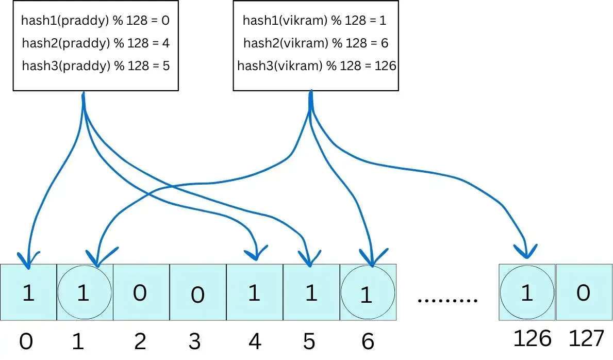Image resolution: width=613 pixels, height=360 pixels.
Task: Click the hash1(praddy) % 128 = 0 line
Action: coord(95,20)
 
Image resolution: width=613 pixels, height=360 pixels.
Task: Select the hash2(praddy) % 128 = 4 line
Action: coord(96,43)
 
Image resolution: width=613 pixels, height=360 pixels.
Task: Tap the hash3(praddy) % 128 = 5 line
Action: coord(96,66)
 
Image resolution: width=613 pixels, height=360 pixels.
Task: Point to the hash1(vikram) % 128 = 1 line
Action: coord(314,20)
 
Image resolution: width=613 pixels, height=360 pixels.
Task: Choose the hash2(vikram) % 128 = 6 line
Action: coord(316,43)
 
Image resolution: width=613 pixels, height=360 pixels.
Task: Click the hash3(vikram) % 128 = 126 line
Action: coord(317,66)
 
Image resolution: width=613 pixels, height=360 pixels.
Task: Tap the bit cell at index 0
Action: coord(28,292)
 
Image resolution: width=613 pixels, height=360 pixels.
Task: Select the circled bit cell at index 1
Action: coord(85,292)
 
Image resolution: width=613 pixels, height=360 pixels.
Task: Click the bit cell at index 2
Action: coord(142,292)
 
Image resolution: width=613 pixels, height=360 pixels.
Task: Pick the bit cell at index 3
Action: coord(198,292)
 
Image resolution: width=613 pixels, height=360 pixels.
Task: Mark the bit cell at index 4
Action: coord(255,292)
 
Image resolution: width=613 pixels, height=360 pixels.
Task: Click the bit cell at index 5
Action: coord(311,292)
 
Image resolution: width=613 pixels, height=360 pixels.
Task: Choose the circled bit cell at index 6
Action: coord(368,292)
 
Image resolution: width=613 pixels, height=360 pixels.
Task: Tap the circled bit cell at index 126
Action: coord(527,292)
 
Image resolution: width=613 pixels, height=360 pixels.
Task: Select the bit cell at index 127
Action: coord(584,292)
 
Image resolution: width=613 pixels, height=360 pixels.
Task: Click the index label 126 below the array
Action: coord(532,338)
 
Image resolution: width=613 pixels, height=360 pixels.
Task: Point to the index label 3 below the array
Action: coord(195,341)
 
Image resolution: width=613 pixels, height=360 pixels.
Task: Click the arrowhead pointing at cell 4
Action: coord(256,253)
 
